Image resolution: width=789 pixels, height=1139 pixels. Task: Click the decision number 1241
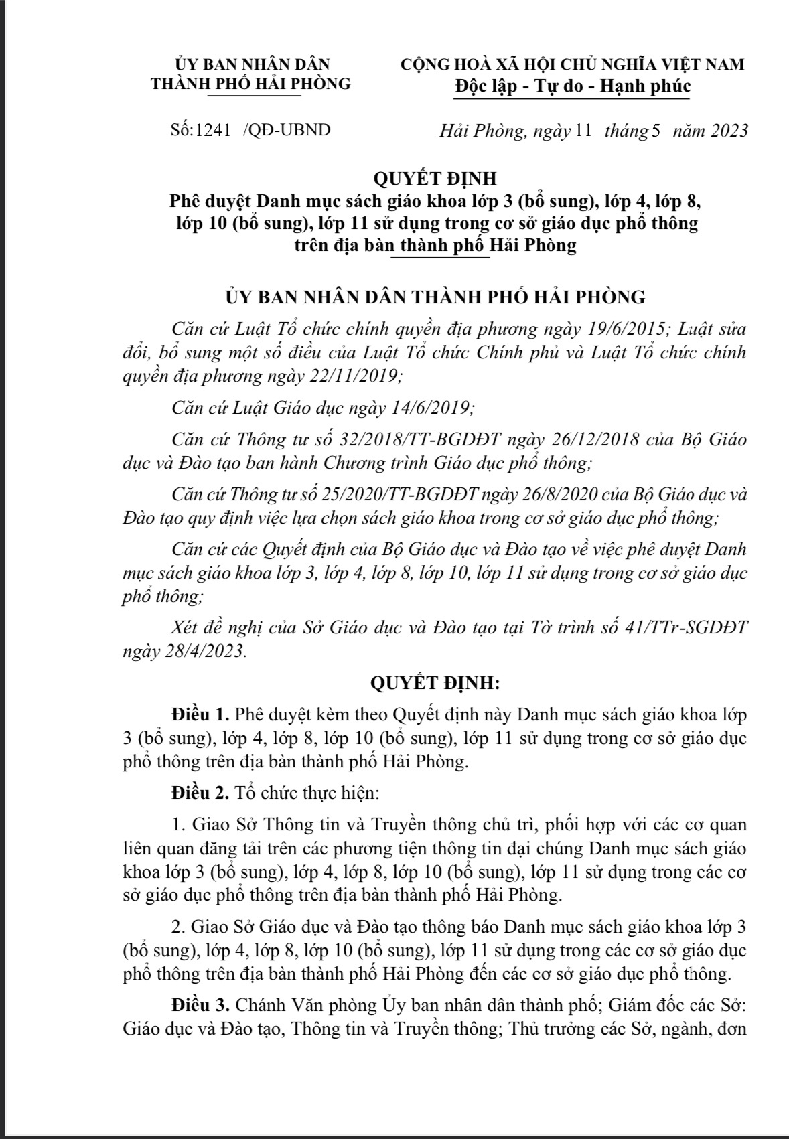click(213, 130)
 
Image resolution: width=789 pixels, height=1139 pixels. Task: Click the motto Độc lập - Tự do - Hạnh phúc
click(572, 86)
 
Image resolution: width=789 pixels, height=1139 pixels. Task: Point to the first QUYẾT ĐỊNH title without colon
click(435, 179)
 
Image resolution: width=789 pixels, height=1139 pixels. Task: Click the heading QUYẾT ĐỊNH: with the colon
click(435, 683)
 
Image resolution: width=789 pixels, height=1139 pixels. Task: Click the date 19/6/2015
click(626, 329)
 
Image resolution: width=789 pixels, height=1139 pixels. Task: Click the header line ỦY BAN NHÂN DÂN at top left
click(252, 64)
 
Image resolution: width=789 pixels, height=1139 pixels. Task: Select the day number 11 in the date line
click(583, 131)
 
